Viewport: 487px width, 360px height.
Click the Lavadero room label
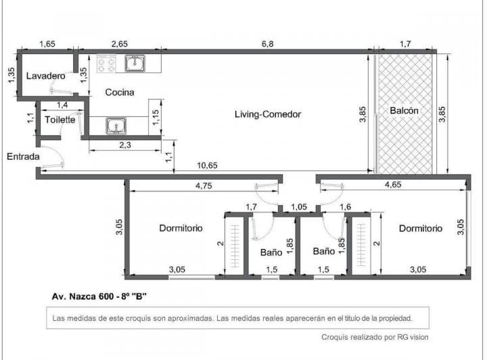click(x=46, y=76)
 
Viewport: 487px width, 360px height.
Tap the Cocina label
click(x=119, y=92)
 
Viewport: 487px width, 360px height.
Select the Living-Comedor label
click(x=267, y=114)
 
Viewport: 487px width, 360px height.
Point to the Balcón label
click(x=404, y=110)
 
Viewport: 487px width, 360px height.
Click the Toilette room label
click(x=60, y=120)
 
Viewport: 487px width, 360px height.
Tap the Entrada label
click(x=23, y=156)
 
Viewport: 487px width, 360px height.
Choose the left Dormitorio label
click(x=181, y=228)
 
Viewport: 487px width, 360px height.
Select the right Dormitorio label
click(x=420, y=228)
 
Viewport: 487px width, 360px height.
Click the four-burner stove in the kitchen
click(x=106, y=64)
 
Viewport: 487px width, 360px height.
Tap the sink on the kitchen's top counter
click(x=136, y=64)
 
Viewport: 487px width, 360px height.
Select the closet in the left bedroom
click(x=235, y=244)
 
